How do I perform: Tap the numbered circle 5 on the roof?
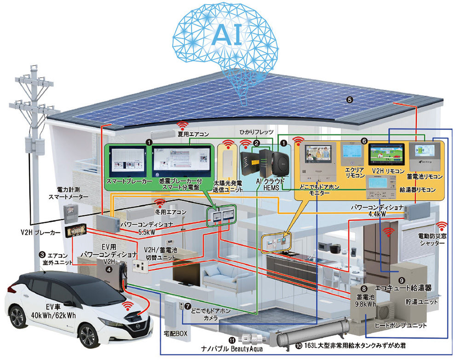click(350, 99)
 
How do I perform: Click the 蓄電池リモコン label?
click(425, 177)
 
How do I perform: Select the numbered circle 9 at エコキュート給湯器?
click(401, 279)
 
